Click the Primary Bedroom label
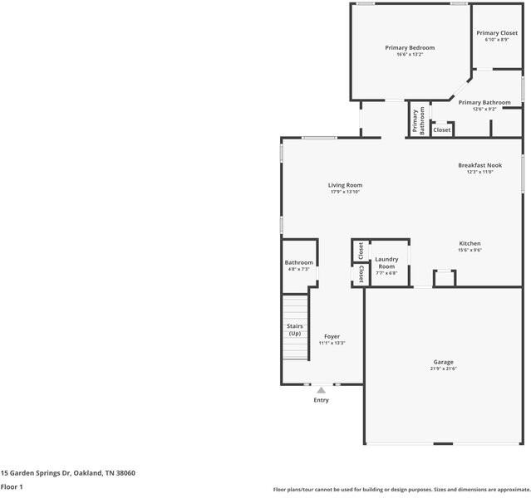click(410, 48)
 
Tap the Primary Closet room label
click(497, 34)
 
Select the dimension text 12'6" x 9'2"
click(484, 109)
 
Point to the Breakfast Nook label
click(479, 165)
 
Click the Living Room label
click(345, 185)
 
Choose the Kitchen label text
click(470, 243)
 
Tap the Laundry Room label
click(386, 262)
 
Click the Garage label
click(443, 362)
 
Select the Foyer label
click(332, 336)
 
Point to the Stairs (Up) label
click(294, 330)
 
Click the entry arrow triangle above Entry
click(321, 389)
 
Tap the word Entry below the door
click(321, 400)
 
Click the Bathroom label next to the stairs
click(299, 262)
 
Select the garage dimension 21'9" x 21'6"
click(443, 369)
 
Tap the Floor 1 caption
click(12, 486)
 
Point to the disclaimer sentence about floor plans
click(401, 489)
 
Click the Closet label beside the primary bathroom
click(442, 129)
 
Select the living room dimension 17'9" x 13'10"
click(345, 192)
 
